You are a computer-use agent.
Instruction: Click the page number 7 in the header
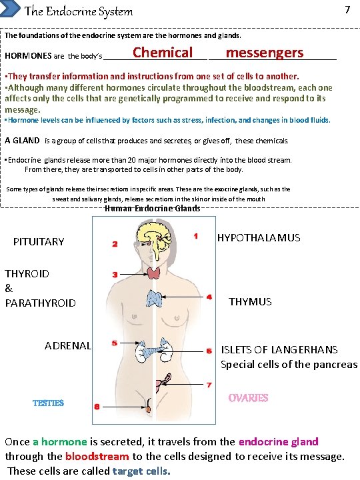tap(347, 9)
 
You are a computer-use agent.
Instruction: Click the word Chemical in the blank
tap(162, 53)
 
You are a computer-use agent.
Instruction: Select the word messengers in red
tap(264, 53)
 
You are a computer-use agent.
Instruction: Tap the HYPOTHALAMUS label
tap(259, 238)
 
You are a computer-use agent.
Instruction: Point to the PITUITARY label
tap(39, 241)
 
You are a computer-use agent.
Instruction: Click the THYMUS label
tap(250, 302)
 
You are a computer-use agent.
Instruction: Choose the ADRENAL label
tap(67, 345)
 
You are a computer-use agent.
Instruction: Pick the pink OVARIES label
tap(248, 398)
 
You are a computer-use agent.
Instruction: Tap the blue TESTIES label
tap(48, 403)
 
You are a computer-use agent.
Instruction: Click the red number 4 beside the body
tap(209, 297)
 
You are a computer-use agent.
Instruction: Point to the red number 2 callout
tap(115, 244)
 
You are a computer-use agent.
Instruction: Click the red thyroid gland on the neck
tap(155, 273)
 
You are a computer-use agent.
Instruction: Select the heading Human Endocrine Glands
tap(152, 209)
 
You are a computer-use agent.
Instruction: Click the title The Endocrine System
tap(78, 11)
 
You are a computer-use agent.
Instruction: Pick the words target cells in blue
tap(141, 471)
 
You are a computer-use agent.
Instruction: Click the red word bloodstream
tap(97, 457)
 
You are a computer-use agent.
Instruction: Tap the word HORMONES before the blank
tap(26, 55)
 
